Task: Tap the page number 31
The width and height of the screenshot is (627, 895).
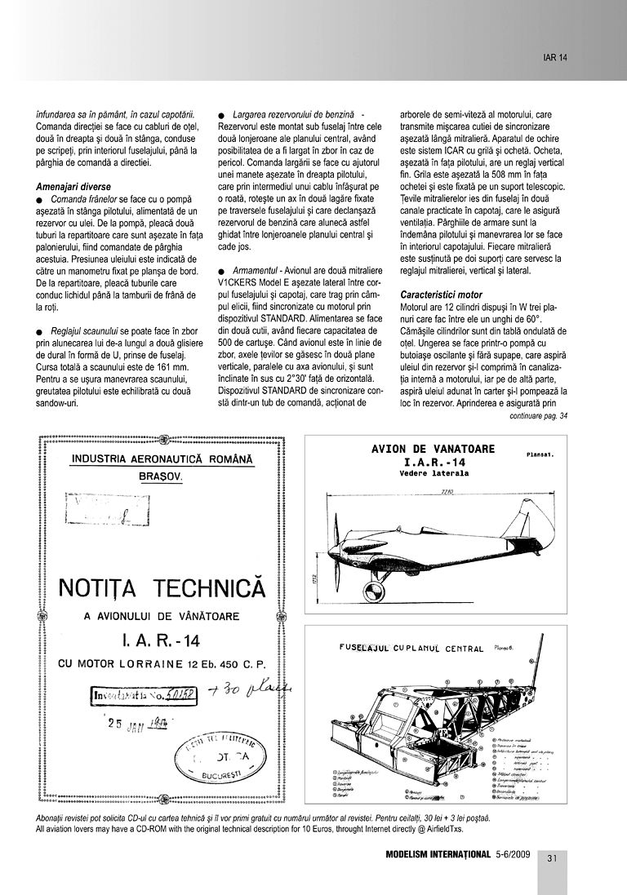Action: pyautogui.click(x=552, y=857)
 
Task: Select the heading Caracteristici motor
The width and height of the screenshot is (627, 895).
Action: pyautogui.click(x=442, y=294)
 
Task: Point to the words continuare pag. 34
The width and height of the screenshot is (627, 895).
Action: pyautogui.click(x=537, y=415)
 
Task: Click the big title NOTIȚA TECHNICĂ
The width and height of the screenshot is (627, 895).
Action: pyautogui.click(x=162, y=588)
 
